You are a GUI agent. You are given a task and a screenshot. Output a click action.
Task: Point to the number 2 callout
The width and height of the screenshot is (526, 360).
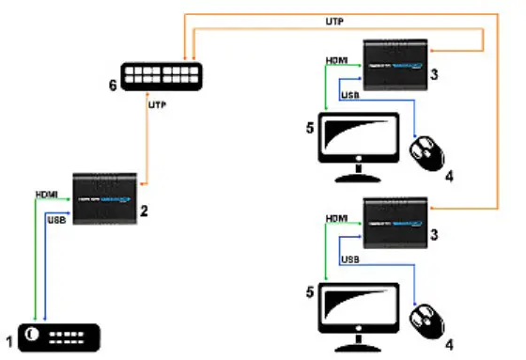click(146, 212)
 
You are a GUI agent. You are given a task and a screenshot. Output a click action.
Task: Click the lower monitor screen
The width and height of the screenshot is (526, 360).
click(359, 305)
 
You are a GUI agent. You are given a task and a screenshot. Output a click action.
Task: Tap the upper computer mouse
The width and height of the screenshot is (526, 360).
click(430, 151)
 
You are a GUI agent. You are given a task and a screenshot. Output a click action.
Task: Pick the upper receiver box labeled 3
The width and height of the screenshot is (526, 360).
click(395, 64)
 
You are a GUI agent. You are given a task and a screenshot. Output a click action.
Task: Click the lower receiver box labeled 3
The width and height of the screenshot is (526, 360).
click(395, 223)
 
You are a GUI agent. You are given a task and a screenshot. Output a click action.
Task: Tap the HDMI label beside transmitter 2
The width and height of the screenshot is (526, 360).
click(48, 195)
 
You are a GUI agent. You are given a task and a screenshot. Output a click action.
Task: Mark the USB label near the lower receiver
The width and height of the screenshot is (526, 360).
click(349, 258)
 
